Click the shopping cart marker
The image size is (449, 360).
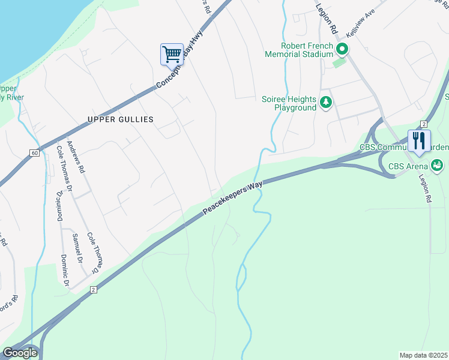tap(172, 55)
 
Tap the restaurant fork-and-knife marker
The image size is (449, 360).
tap(419, 141)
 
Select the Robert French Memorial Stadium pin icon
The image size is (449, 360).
tap(342, 49)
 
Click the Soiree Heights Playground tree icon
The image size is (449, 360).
tap(326, 103)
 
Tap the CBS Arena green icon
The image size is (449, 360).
tap(438, 165)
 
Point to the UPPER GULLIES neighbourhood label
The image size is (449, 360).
tap(121, 119)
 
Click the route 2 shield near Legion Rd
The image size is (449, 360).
tap(423, 124)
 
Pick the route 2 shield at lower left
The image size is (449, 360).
tap(93, 290)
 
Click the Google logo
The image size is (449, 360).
tap(20, 353)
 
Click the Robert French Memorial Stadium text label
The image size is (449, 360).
tap(299, 50)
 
